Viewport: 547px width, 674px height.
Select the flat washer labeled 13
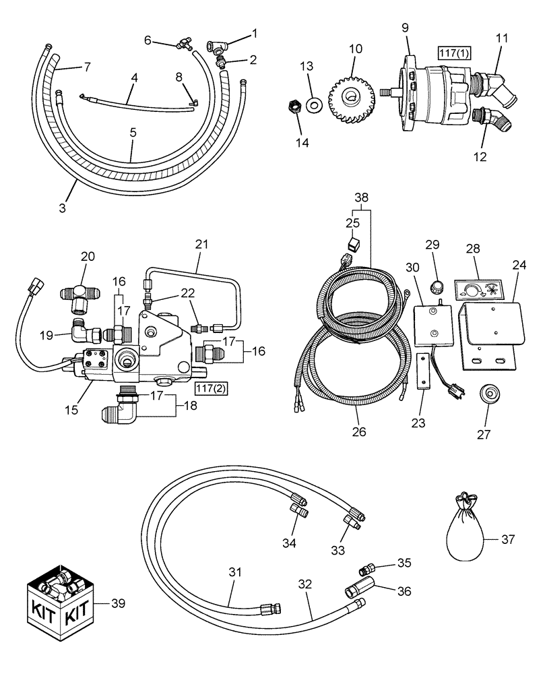click(313, 104)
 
